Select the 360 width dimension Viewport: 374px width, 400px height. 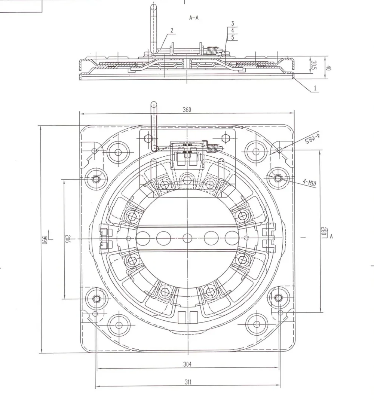click(x=187, y=110)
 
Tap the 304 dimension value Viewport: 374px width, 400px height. click(x=188, y=364)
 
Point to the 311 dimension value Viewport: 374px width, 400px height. click(x=188, y=382)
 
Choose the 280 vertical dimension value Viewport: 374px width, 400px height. click(x=324, y=232)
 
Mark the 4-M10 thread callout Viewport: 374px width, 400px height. click(x=310, y=183)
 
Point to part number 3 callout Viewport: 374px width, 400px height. click(x=232, y=24)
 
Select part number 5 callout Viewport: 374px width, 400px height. click(x=232, y=37)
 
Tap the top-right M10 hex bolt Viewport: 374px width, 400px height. click(x=278, y=178)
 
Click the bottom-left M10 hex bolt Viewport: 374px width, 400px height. click(x=96, y=298)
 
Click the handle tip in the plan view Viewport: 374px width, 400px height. click(x=154, y=104)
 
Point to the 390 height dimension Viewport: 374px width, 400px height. click(x=45, y=239)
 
